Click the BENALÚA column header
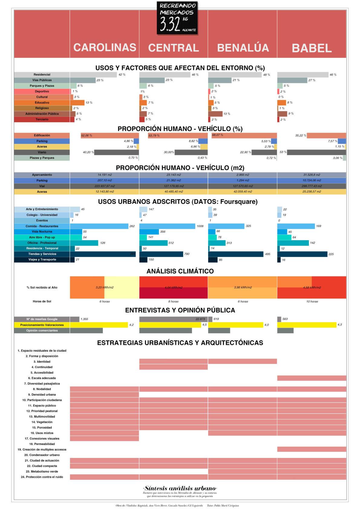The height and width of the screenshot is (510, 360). pyautogui.click(x=243, y=48)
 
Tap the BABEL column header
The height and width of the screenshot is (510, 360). pyautogui.click(x=312, y=48)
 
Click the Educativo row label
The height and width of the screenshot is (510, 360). pyautogui.click(x=42, y=103)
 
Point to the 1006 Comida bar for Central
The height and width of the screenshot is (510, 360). pyautogui.click(x=167, y=226)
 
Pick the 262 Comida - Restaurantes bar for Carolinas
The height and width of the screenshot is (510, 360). pyautogui.click(x=99, y=226)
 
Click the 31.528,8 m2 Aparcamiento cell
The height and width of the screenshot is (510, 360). pyautogui.click(x=312, y=175)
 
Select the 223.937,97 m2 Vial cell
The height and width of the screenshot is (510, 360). pyautogui.click(x=104, y=186)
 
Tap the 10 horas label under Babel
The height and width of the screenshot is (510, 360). pyautogui.click(x=312, y=301)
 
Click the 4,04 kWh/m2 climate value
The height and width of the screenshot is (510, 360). pyautogui.click(x=174, y=288)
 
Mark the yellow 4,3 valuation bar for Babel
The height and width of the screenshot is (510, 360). pyautogui.click(x=307, y=325)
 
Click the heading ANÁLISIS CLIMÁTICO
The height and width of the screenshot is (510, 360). pyautogui.click(x=180, y=271)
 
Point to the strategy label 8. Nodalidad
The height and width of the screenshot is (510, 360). pyautogui.click(x=42, y=389)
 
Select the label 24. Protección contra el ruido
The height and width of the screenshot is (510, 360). pyautogui.click(x=42, y=477)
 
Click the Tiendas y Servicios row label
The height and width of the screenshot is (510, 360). pyautogui.click(x=42, y=254)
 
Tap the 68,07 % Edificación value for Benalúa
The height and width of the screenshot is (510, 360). pyautogui.click(x=218, y=135)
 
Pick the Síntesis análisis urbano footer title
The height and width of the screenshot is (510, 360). pyautogui.click(x=180, y=488)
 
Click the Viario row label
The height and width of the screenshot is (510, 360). pyautogui.click(x=42, y=152)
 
